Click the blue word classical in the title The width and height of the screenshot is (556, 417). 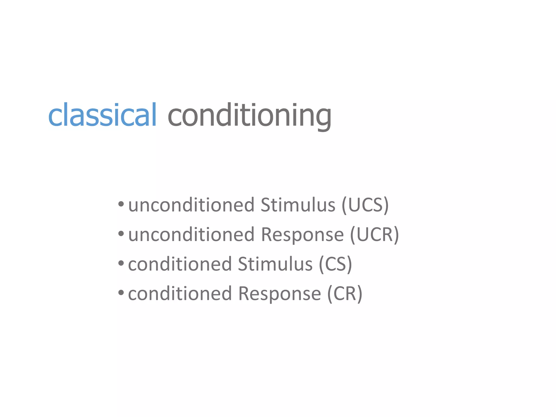click(102, 115)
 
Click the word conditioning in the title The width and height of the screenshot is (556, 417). click(249, 116)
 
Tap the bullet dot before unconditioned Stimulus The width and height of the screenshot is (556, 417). click(121, 204)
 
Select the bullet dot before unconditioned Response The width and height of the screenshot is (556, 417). click(121, 233)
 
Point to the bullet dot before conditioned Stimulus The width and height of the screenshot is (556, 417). click(121, 263)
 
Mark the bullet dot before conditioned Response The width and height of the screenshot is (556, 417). click(121, 292)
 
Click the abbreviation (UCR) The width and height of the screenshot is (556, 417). click(374, 235)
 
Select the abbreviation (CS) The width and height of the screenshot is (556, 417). click(335, 264)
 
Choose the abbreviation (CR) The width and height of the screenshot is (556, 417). click(345, 294)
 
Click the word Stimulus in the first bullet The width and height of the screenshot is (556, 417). click(298, 205)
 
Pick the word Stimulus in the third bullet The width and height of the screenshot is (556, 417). click(275, 264)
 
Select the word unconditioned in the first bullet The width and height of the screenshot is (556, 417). click(191, 205)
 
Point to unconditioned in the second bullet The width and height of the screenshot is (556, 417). click(191, 235)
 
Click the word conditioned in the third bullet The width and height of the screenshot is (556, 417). click(180, 264)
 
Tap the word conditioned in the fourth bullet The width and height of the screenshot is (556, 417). click(180, 294)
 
